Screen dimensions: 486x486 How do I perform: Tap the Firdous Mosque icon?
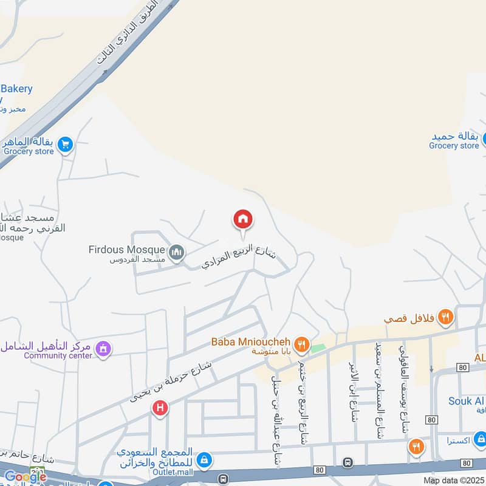click(x=176, y=252)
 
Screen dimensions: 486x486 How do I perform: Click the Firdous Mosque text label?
click(x=126, y=250)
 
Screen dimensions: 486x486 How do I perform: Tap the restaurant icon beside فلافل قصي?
click(x=446, y=316)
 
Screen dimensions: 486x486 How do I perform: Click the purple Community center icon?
click(x=103, y=349)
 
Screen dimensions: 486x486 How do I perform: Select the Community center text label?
click(x=58, y=355)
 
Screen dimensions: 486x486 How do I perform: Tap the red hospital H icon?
click(x=160, y=408)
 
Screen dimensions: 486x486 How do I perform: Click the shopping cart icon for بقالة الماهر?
click(x=66, y=145)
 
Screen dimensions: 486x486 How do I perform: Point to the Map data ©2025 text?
click(x=453, y=481)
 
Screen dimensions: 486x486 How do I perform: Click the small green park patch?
click(x=318, y=349)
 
